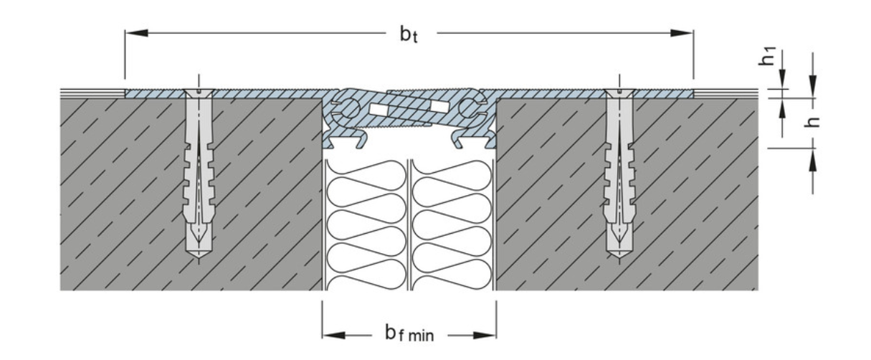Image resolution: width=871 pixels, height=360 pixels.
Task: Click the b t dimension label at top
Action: (x=409, y=34)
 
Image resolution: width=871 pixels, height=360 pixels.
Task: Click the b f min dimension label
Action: (x=409, y=333)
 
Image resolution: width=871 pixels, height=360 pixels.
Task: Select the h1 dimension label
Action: (x=768, y=57)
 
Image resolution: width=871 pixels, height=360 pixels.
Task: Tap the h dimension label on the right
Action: (x=811, y=122)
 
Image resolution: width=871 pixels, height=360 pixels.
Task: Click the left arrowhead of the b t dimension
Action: (x=136, y=33)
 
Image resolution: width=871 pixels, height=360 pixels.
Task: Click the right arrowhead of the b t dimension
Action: (x=682, y=33)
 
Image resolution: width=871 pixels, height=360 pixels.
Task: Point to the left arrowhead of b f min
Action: (x=333, y=335)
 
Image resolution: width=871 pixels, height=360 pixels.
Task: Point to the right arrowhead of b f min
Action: (x=485, y=335)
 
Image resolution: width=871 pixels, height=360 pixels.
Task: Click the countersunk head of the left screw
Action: (x=199, y=93)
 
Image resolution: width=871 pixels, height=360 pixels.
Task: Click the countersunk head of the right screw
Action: (x=619, y=93)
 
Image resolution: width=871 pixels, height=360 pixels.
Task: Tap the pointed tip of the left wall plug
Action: (x=199, y=257)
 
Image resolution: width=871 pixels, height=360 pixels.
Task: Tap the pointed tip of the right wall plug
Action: (x=619, y=257)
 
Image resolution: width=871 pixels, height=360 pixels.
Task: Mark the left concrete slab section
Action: (x=191, y=194)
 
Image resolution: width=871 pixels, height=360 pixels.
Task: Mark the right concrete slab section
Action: (x=627, y=194)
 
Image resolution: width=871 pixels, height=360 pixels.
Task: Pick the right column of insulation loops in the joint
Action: (x=451, y=225)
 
